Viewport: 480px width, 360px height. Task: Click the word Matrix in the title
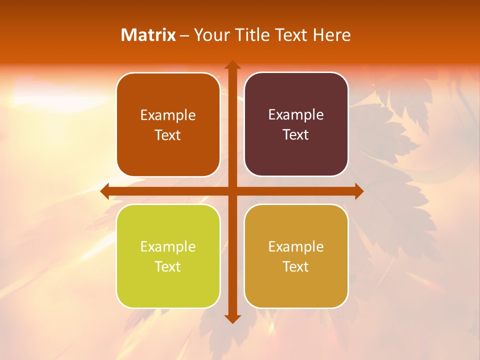click(x=148, y=35)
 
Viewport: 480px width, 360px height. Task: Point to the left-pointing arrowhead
click(x=104, y=191)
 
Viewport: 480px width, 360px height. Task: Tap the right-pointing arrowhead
click(x=359, y=191)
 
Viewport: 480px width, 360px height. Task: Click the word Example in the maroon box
click(x=296, y=115)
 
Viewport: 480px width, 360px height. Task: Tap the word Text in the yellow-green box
click(x=168, y=267)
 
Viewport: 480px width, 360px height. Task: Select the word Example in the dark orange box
click(x=168, y=115)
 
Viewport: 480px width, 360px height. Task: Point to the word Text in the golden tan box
click(x=296, y=267)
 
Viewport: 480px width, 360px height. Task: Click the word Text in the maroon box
click(x=296, y=135)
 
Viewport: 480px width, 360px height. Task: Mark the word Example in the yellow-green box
click(x=168, y=247)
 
